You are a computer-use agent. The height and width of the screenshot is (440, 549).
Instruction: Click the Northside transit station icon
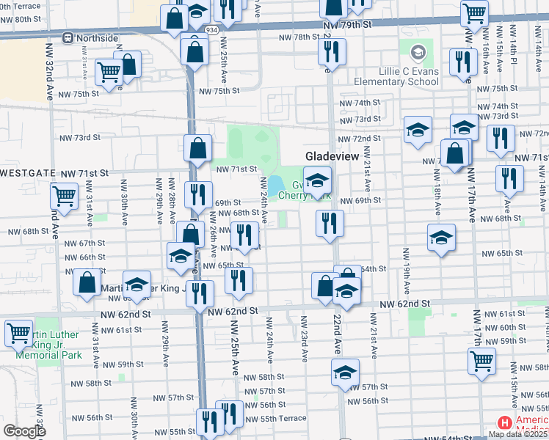tap(68, 37)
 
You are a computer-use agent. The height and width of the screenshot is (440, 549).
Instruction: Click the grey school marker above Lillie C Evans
tap(418, 53)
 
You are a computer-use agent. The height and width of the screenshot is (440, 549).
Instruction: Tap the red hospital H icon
tap(505, 423)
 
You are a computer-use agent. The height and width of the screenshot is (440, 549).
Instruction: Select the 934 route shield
tap(212, 30)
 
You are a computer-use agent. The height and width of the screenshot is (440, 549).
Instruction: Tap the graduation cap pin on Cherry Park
tap(317, 180)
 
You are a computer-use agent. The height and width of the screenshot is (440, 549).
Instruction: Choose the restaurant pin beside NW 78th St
tap(332, 51)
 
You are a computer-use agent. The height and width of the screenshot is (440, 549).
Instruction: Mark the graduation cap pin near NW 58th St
tap(345, 372)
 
